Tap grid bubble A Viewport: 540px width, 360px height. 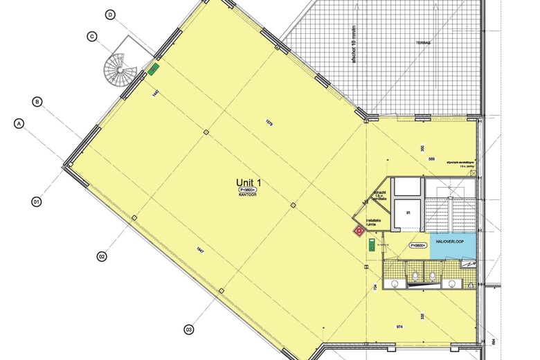tap(19, 123)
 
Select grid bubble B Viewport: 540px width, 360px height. tap(37, 102)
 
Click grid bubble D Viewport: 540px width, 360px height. tap(110, 15)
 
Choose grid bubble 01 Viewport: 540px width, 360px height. tap(36, 202)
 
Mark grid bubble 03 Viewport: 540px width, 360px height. tap(188, 330)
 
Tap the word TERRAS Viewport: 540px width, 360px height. tap(424, 42)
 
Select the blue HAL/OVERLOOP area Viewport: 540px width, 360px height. tap(453, 246)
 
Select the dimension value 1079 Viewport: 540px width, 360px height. tap(270, 125)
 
